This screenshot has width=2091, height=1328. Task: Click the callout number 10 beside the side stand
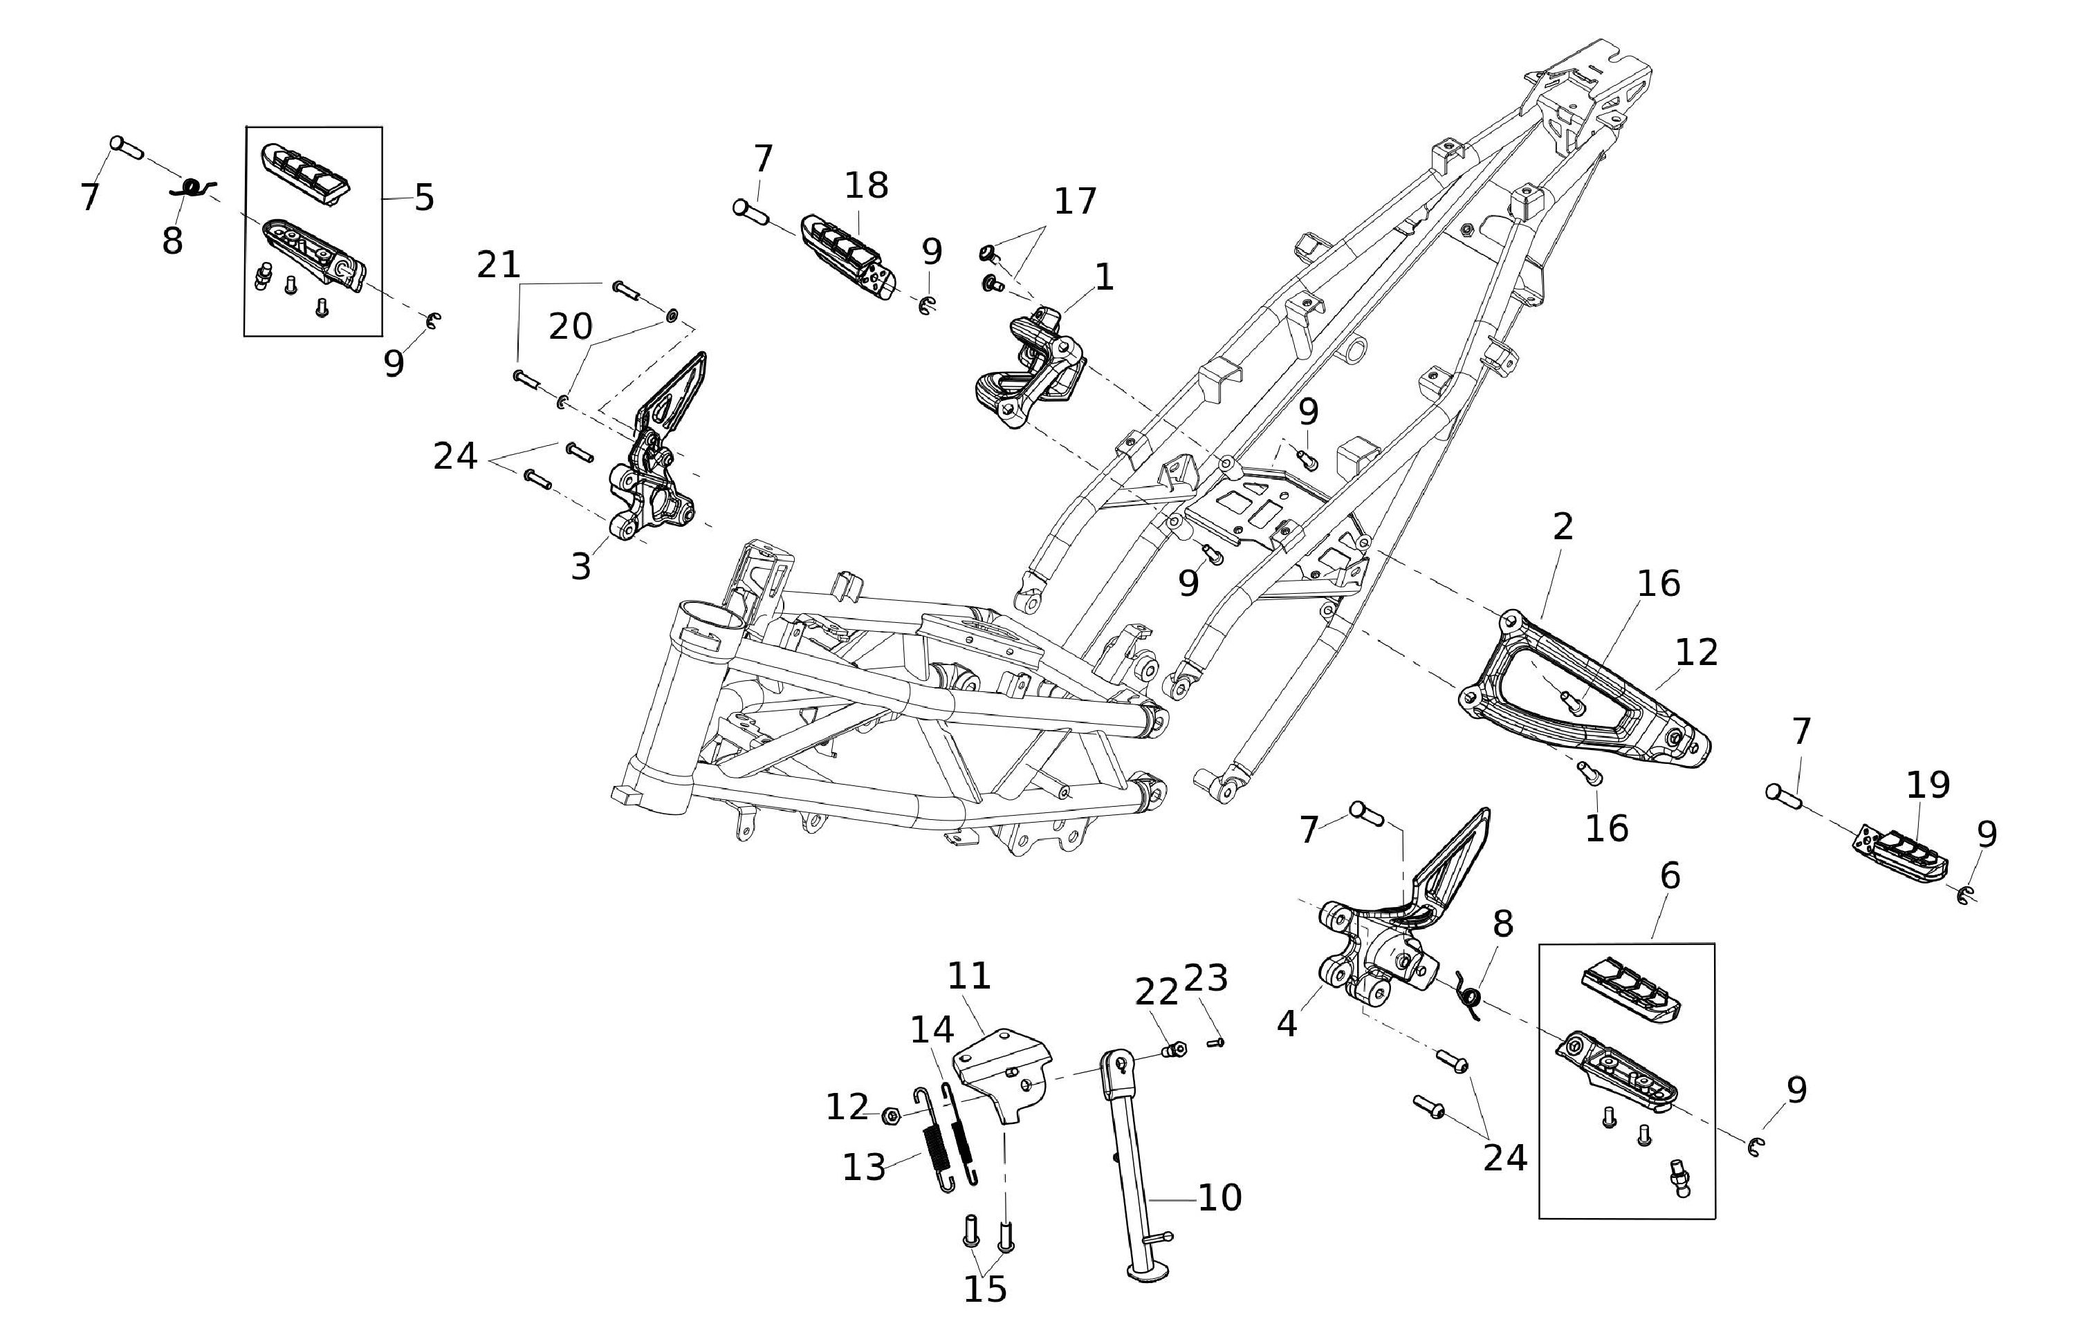click(1220, 1198)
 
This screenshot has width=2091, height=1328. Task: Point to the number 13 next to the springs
click(864, 1168)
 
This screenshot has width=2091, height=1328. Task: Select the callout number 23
click(1206, 978)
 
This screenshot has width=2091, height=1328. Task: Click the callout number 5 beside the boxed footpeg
click(424, 198)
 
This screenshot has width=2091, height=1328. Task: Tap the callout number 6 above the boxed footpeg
click(1670, 876)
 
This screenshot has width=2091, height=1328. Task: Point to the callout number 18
click(866, 185)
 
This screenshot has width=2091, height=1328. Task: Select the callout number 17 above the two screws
click(1075, 201)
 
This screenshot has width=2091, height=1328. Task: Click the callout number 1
click(1104, 278)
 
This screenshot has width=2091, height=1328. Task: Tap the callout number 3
click(580, 567)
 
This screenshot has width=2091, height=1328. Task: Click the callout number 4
click(1287, 1025)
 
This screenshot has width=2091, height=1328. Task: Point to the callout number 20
click(571, 327)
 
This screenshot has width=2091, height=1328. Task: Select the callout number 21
click(499, 265)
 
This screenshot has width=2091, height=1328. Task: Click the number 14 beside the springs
click(932, 1031)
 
